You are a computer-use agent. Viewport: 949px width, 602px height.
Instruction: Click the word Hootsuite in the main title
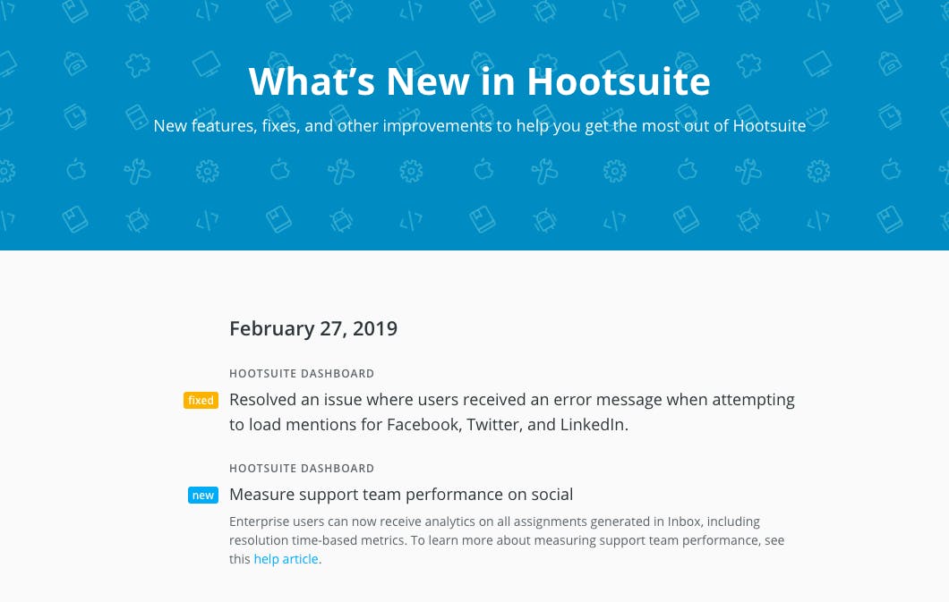coord(618,81)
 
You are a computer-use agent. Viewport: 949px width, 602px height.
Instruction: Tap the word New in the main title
coord(427,81)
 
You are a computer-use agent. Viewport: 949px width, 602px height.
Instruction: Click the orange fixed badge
coord(201,400)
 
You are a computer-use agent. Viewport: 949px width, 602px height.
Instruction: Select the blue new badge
coord(202,495)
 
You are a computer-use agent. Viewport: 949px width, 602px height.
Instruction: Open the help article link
coord(286,559)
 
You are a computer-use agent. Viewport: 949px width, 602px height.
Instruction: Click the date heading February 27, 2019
coord(313,328)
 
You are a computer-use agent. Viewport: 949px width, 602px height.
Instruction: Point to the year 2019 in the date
coord(375,328)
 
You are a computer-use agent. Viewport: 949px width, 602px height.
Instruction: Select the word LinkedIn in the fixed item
coord(594,424)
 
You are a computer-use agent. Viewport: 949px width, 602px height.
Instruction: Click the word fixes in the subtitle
coord(280,126)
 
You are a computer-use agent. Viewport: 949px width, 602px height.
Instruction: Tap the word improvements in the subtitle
coord(437,126)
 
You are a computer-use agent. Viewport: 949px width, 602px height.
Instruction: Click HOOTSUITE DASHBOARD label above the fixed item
coord(302,374)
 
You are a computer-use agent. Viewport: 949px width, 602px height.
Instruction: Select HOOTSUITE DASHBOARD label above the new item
coord(302,469)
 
